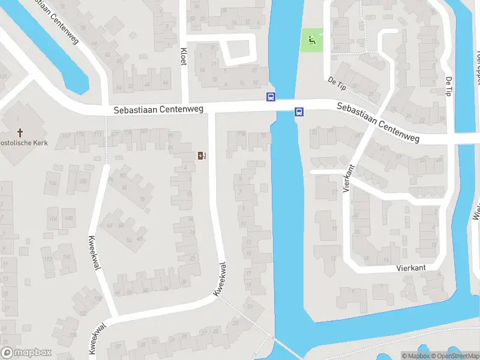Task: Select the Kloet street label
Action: coord(184,57)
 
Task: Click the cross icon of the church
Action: coord(20,132)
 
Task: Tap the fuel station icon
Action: coord(202,156)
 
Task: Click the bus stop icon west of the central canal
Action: coord(271,97)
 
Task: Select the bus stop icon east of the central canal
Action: coord(299,111)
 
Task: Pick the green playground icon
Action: coord(311,40)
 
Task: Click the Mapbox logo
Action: coord(26,353)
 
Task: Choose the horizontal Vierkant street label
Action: coord(410,269)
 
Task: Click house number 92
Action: coord(124,175)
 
